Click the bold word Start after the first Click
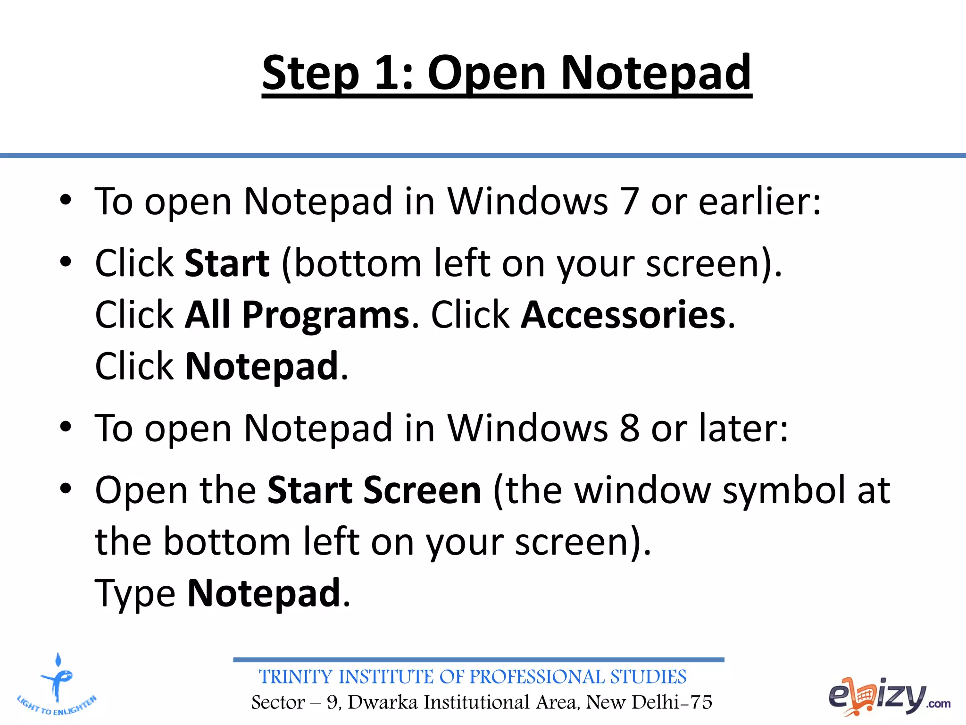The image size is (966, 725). click(227, 263)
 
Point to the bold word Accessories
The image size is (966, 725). click(624, 315)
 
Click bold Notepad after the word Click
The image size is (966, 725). click(262, 367)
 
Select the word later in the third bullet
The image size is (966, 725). click(743, 429)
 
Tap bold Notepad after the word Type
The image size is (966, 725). click(264, 593)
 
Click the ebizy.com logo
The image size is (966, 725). click(889, 696)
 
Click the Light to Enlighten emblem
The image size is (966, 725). click(57, 685)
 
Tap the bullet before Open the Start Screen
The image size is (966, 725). click(66, 489)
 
